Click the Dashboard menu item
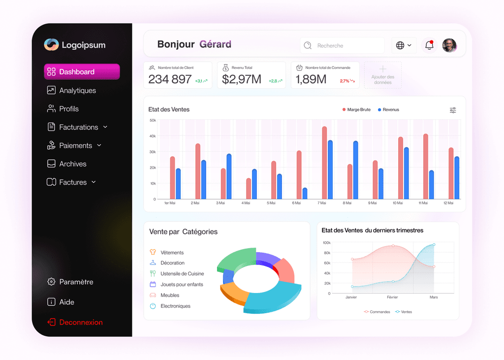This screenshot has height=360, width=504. pyautogui.click(x=82, y=72)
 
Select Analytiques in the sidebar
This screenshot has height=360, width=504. pyautogui.click(x=77, y=91)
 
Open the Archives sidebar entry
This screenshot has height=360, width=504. pyautogui.click(x=72, y=164)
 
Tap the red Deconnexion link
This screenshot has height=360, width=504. pyautogui.click(x=81, y=323)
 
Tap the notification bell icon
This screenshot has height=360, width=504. pyautogui.click(x=429, y=45)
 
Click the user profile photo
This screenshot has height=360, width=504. pyautogui.click(x=449, y=45)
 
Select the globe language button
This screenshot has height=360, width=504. pyautogui.click(x=404, y=45)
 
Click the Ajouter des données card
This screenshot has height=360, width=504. pyautogui.click(x=382, y=75)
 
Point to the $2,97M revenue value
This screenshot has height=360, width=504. pyautogui.click(x=241, y=79)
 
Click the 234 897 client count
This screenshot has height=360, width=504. pyautogui.click(x=170, y=79)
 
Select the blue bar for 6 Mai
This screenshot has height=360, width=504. pyautogui.click(x=305, y=194)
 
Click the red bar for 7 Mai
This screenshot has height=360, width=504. pyautogui.click(x=324, y=163)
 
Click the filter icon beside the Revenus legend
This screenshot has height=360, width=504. pyautogui.click(x=453, y=110)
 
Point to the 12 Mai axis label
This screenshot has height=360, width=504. pyautogui.click(x=448, y=203)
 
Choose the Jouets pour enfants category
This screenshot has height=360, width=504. pyautogui.click(x=181, y=285)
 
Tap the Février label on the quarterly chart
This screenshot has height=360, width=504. pyautogui.click(x=392, y=297)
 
